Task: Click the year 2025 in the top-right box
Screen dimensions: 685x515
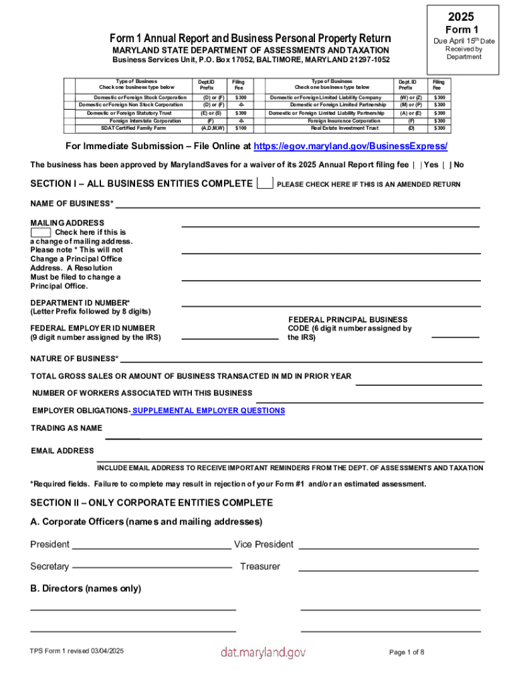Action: coord(462,17)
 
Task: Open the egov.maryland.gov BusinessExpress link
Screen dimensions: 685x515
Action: coord(350,146)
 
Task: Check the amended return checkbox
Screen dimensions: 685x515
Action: coord(265,184)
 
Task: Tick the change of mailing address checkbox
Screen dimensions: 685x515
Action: coord(40,232)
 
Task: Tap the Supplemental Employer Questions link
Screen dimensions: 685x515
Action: coord(208,411)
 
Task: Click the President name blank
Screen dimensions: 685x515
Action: coord(151,547)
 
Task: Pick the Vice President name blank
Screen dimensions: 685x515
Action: coord(389,547)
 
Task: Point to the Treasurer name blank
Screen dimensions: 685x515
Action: coord(389,569)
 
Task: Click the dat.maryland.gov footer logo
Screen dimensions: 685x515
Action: coord(263,652)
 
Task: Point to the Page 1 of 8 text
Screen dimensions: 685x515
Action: coord(407,652)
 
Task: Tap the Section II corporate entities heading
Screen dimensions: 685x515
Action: coord(152,502)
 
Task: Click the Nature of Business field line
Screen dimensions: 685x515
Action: coord(301,360)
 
